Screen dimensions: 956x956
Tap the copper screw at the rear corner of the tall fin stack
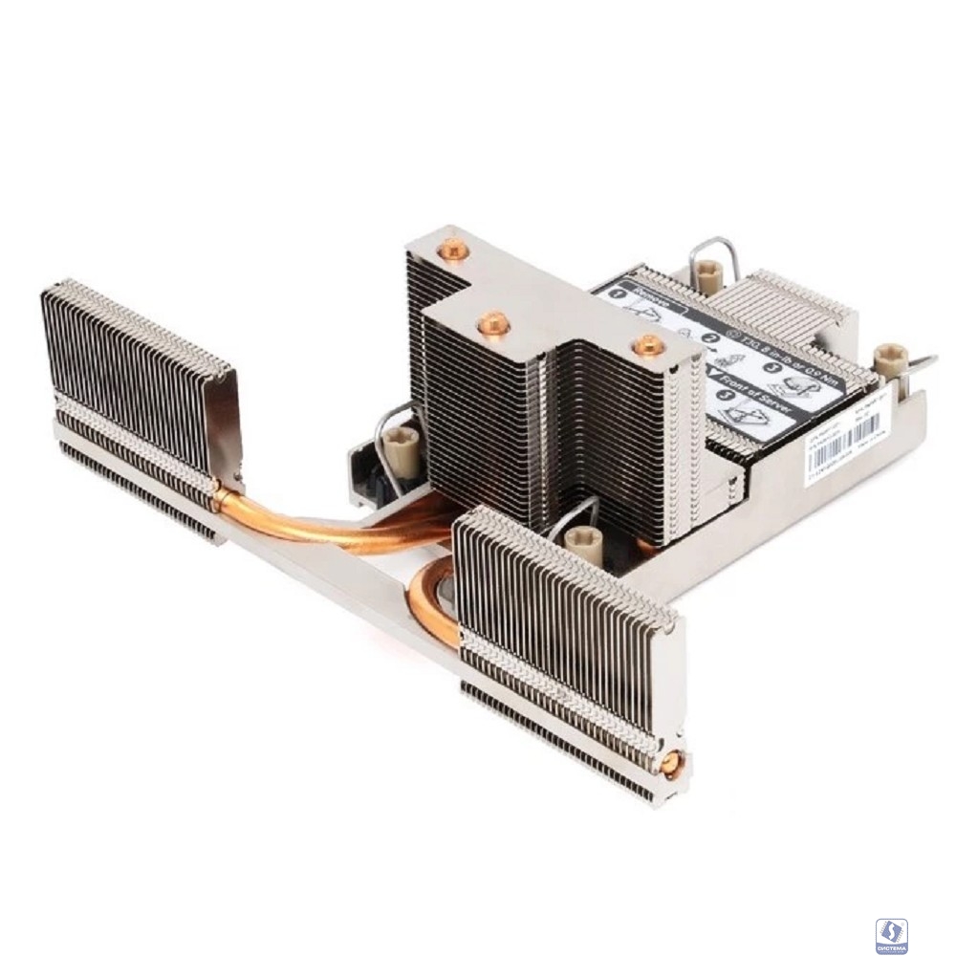[452, 251]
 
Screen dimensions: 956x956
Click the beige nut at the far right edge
[889, 358]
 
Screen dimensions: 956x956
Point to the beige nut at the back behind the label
[708, 276]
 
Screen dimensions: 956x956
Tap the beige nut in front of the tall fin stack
[582, 543]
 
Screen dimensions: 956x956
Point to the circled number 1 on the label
[617, 293]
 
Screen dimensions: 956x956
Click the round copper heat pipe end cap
[672, 762]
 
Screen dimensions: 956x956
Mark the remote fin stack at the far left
[134, 382]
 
